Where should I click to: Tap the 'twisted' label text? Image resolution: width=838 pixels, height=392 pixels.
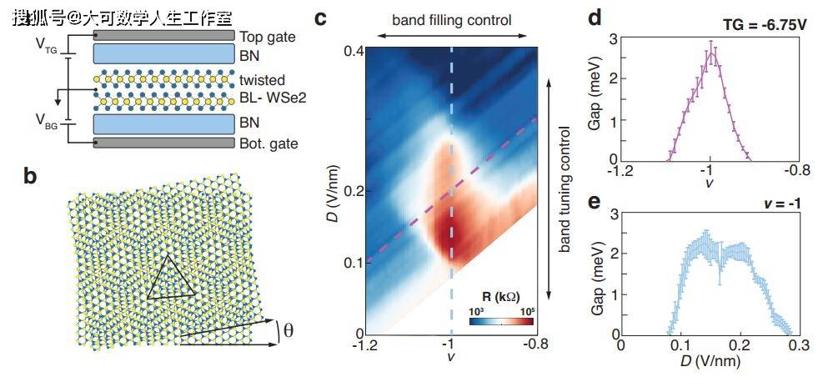(262, 80)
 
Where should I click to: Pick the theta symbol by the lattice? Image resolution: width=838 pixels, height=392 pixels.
(289, 331)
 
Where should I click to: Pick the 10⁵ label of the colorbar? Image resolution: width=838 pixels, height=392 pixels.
(527, 311)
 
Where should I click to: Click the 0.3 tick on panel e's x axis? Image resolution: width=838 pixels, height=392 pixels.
(799, 344)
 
